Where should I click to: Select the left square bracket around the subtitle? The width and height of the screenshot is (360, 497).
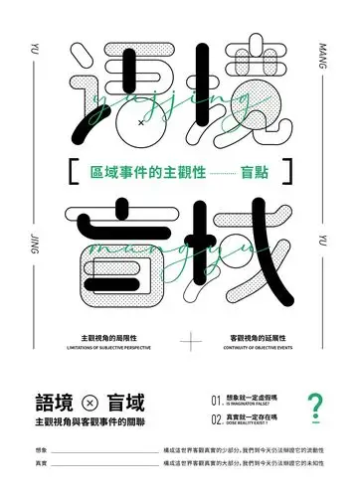click(66, 171)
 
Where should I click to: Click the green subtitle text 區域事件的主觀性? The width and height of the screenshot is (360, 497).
click(144, 171)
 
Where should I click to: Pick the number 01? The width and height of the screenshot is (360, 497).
click(217, 400)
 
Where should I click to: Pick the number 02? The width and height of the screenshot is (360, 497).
click(217, 420)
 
